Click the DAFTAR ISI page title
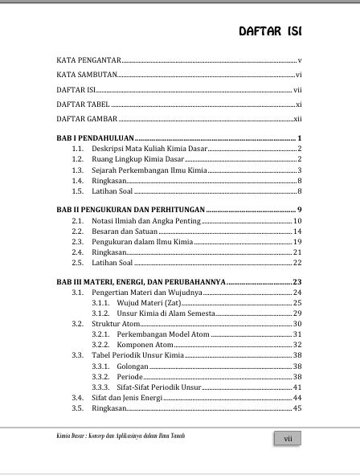(x=270, y=31)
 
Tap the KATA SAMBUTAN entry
(x=86, y=75)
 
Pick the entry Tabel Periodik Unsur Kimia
(x=137, y=354)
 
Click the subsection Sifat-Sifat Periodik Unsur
(x=156, y=387)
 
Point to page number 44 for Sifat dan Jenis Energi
(x=297, y=397)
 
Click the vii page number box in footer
(x=287, y=439)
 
